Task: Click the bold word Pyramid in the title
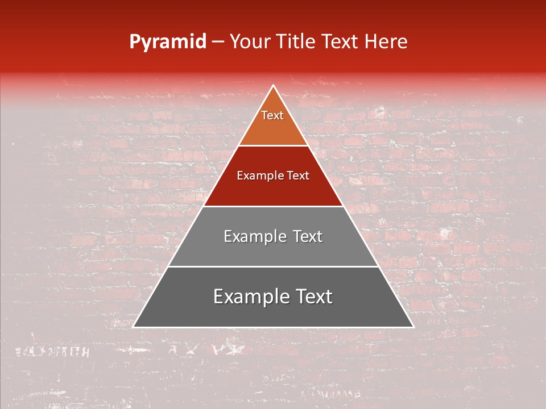point(167,42)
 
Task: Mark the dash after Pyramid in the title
point(218,42)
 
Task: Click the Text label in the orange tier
point(272,115)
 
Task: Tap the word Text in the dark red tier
point(297,176)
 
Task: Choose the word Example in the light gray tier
point(251,236)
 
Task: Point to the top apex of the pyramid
point(273,86)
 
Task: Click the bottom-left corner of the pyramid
point(134,327)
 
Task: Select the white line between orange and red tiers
point(273,146)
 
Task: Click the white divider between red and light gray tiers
point(273,206)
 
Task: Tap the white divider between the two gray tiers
point(273,266)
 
